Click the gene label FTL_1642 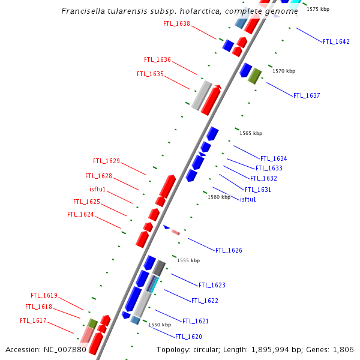[x=336, y=41]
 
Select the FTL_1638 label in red [x=176, y=23]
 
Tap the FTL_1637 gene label [x=307, y=95]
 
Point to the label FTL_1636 [x=157, y=59]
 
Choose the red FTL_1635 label [x=150, y=74]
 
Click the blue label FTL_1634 [x=274, y=158]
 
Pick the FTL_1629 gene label [x=106, y=161]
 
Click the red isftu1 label [x=97, y=190]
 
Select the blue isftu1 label [x=248, y=199]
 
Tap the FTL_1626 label [x=229, y=250]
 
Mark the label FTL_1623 [x=212, y=285]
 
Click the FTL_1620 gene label [x=188, y=337]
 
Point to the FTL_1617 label [x=33, y=320]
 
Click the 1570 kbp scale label [x=284, y=71]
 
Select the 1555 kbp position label [x=188, y=260]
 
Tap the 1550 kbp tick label [x=160, y=325]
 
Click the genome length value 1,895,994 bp [x=262, y=349]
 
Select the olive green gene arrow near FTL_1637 [x=255, y=76]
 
